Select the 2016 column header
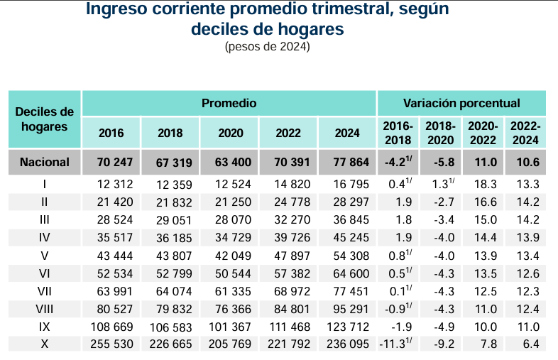111,133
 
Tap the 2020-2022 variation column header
483,133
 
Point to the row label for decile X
44,344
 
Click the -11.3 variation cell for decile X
398,344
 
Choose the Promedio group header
229,104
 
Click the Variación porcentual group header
461,104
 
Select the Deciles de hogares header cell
44,119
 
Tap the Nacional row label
44,163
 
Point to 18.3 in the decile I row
485,185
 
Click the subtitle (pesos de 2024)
267,47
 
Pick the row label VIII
44,309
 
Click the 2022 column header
288,133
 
